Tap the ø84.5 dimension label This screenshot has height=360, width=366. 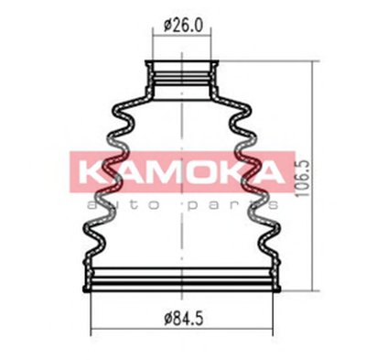click(x=183, y=319)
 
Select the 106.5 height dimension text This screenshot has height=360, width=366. click(x=304, y=179)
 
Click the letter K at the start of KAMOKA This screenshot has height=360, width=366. click(x=89, y=172)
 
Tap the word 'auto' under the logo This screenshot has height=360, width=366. click(x=124, y=205)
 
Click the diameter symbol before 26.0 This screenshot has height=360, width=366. click(x=168, y=26)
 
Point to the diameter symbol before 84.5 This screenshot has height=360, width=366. click(x=168, y=319)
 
